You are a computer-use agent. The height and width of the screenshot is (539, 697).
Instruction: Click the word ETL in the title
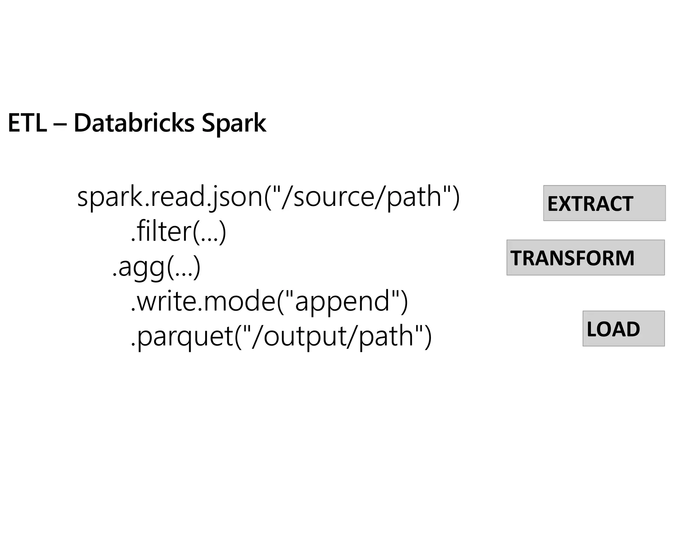[x=27, y=123]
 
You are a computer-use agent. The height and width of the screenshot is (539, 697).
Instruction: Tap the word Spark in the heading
[x=233, y=124]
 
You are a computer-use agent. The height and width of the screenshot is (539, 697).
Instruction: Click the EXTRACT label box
[x=604, y=203]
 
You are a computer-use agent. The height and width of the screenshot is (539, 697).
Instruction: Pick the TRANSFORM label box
[x=585, y=258]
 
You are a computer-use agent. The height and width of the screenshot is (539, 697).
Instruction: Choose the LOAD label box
[x=623, y=329]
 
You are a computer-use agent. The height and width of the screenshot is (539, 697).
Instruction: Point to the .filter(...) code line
[x=178, y=232]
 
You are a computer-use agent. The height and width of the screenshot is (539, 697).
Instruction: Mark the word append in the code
[x=342, y=302]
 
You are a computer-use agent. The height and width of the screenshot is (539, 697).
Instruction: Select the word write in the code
[x=167, y=301]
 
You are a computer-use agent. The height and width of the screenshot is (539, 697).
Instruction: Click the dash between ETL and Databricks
[x=60, y=124]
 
